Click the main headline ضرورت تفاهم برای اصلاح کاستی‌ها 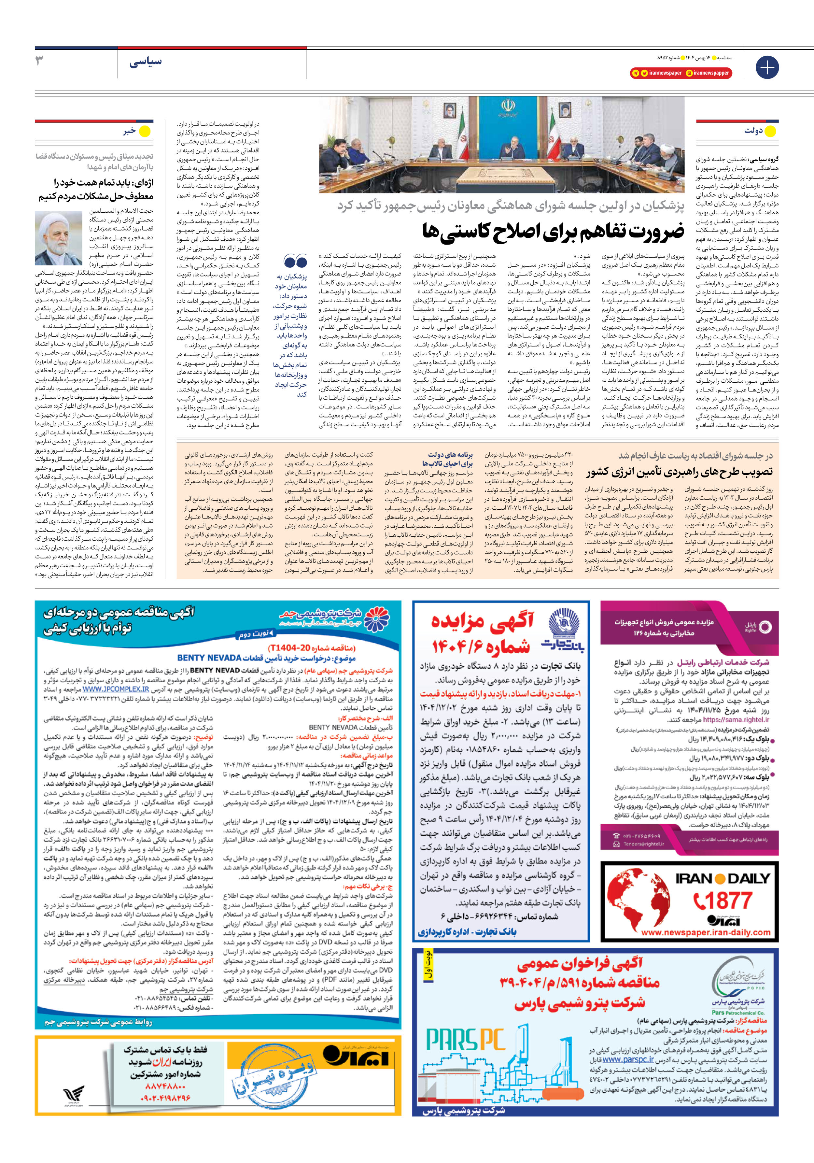(x=553, y=231)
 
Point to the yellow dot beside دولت (x=770, y=132)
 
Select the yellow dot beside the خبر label (x=145, y=132)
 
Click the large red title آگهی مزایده (x=482, y=621)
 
